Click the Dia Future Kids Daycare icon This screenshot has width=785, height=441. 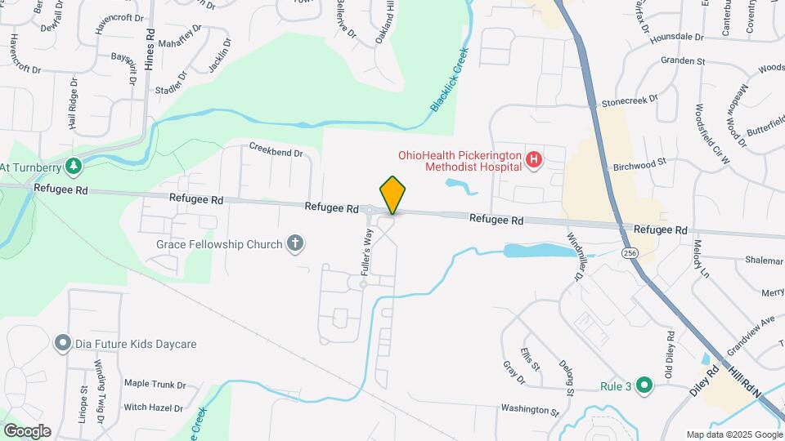pos(61,344)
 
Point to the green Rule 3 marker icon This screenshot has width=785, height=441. pos(644,385)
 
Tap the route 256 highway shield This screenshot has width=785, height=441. pos(629,254)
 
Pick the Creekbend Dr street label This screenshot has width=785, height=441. pos(276,152)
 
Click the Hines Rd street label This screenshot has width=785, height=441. pos(150,49)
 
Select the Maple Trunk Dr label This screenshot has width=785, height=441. pos(155,383)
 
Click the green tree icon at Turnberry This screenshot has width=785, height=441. pos(74,167)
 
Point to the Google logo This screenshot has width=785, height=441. pos(27,431)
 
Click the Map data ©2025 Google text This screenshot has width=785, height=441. pos(733,434)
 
